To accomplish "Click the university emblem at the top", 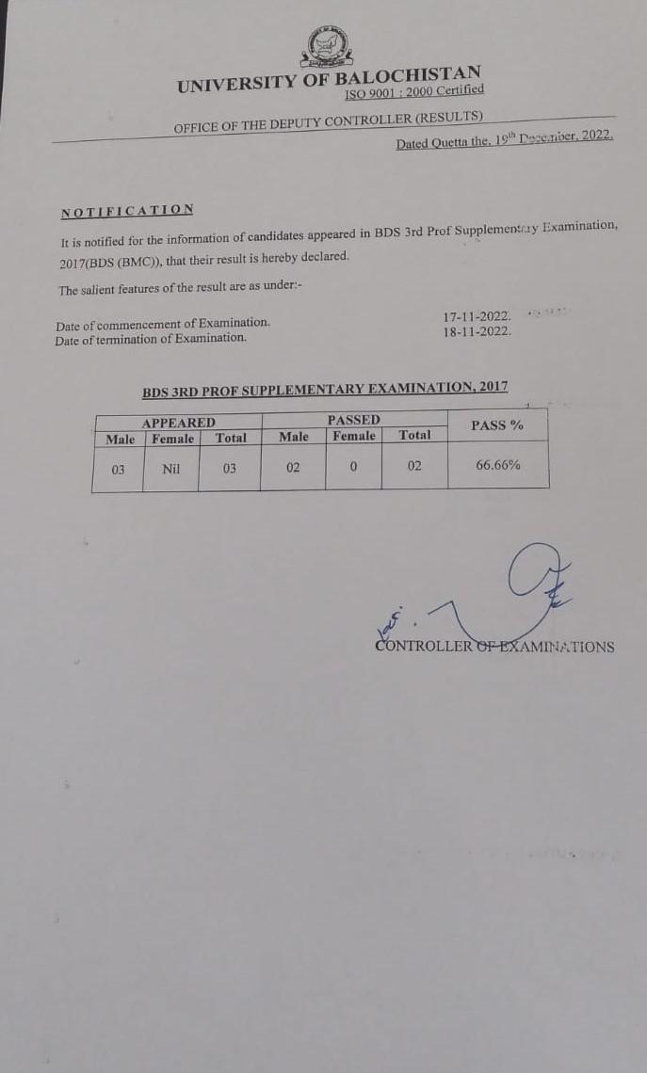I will [x=326, y=47].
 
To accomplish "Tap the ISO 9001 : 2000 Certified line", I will [x=414, y=92].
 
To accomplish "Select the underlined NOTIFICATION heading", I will [x=127, y=211].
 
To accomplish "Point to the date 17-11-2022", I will [x=477, y=318].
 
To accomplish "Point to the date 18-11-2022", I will [x=477, y=332].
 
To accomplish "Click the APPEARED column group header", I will [x=178, y=423].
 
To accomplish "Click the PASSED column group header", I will [x=353, y=420].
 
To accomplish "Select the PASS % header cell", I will [x=497, y=425].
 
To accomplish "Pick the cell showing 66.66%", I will [x=497, y=465].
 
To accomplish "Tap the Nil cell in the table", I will [x=170, y=468].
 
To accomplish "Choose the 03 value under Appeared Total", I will [x=230, y=468].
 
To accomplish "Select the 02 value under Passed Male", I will [x=293, y=467].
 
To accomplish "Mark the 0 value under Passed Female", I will [x=353, y=467].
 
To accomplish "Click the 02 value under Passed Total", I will [x=414, y=466].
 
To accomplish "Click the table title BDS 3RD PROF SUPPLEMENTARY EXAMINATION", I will [x=325, y=389].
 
